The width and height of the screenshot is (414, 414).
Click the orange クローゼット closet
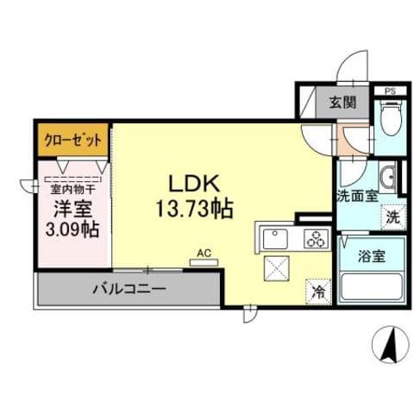click(x=72, y=139)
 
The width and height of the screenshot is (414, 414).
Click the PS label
click(x=390, y=89)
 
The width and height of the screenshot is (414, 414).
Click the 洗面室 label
click(x=356, y=195)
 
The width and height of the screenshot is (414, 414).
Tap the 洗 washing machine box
click(x=392, y=217)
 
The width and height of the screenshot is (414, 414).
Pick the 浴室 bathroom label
click(x=369, y=255)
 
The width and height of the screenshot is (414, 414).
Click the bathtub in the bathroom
click(x=370, y=285)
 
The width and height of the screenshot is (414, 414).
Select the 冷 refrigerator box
click(x=317, y=292)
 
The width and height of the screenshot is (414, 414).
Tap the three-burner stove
click(x=315, y=237)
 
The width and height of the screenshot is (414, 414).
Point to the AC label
click(x=204, y=252)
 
